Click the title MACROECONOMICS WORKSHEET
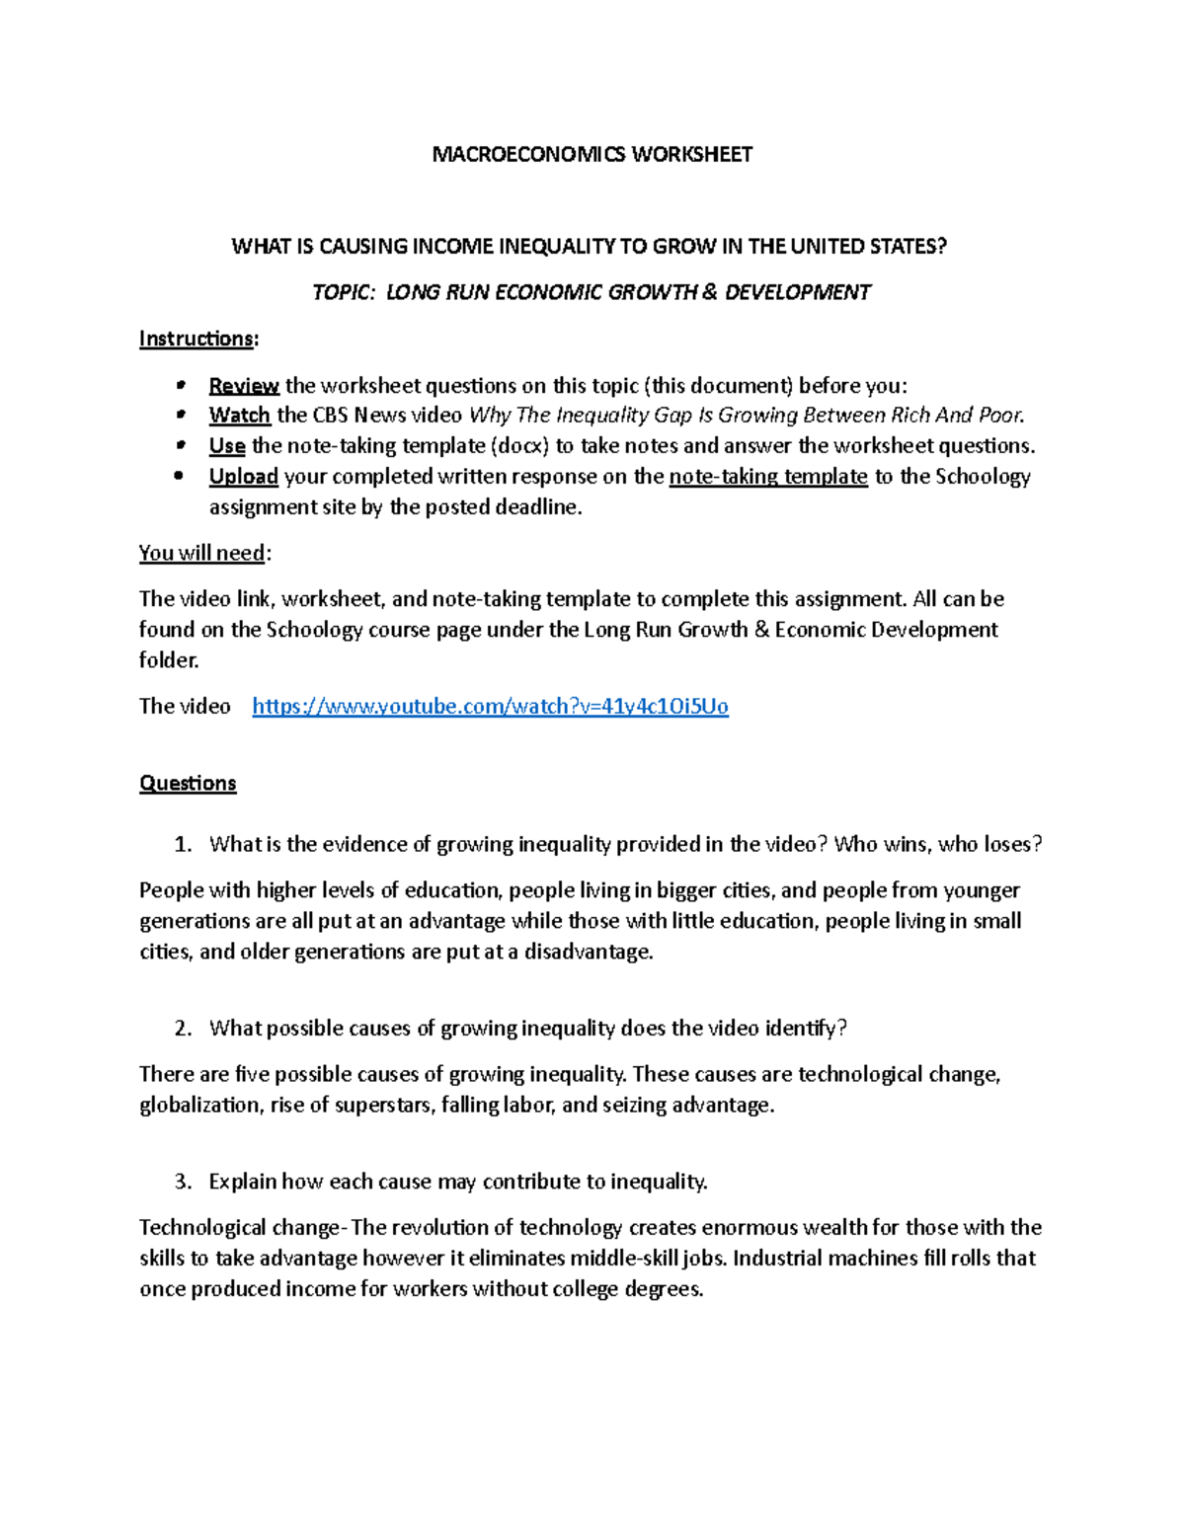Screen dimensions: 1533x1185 592,154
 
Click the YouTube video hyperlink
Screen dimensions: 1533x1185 490,706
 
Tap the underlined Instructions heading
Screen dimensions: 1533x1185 197,339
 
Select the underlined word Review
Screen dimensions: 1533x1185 244,385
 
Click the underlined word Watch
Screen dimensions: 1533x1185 239,415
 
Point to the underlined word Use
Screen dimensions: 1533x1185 227,445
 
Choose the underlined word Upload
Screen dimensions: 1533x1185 243,476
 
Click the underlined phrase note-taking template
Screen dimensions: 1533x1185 768,476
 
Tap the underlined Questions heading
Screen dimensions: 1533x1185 188,783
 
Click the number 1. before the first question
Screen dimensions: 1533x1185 183,844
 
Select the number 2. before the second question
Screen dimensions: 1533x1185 183,1028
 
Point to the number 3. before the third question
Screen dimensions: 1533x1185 183,1182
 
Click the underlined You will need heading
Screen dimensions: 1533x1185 202,553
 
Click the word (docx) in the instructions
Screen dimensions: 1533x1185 521,445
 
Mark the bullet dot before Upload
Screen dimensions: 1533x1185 179,476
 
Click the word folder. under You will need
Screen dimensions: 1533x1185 169,659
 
